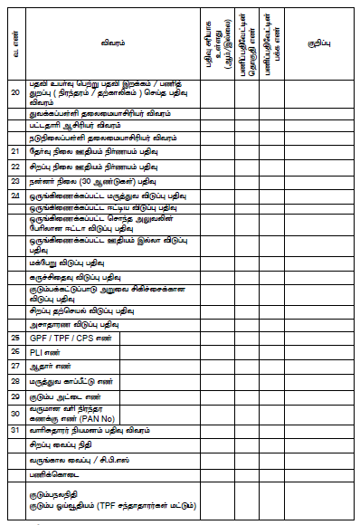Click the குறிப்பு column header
click(x=318, y=41)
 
